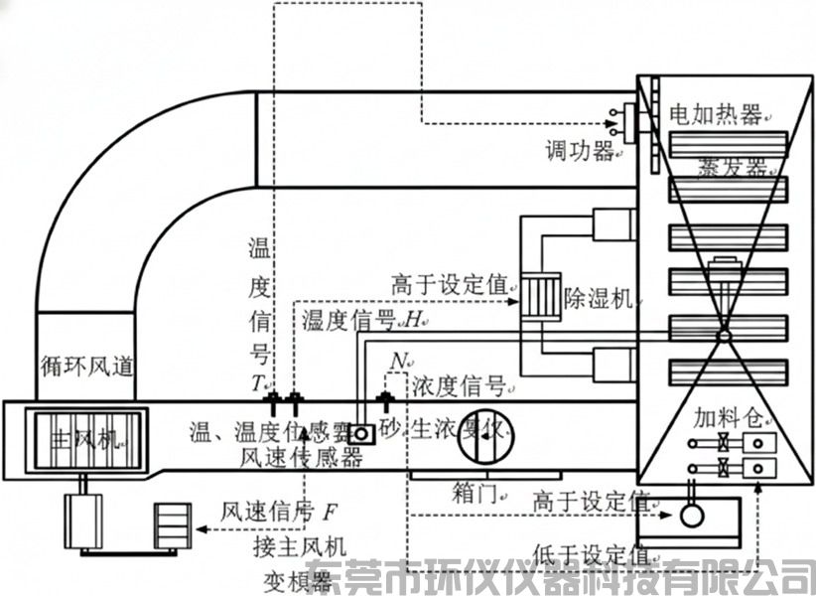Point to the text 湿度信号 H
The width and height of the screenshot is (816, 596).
pos(363,320)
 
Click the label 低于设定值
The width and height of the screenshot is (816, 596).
pos(592,552)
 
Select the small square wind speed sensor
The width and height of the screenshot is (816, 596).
pos(359,434)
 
